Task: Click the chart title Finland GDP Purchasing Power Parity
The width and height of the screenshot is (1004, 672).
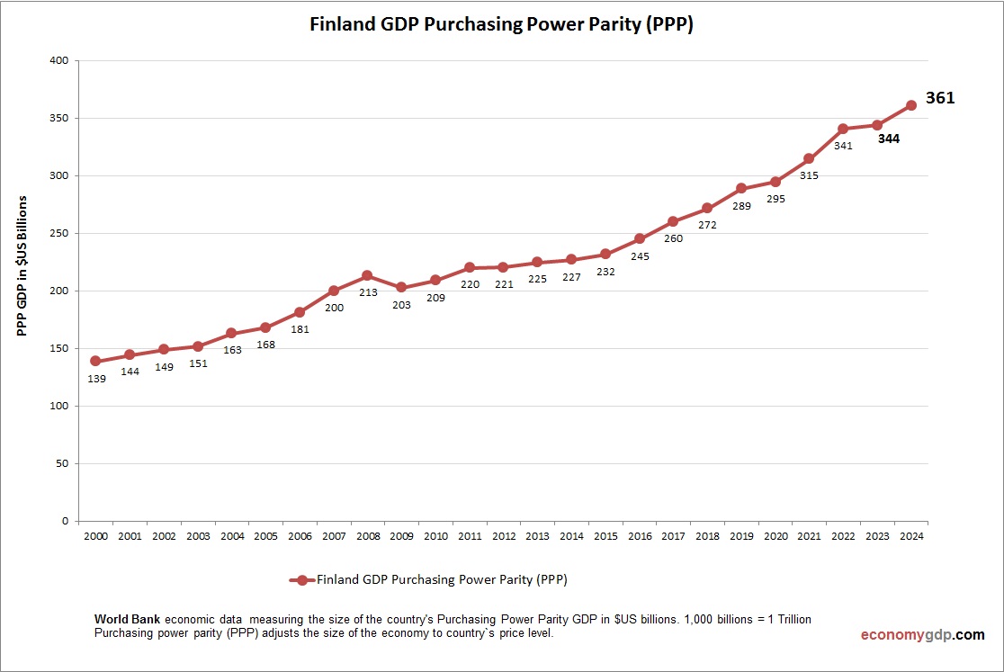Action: point(501,25)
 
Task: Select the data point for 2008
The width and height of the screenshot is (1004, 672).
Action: point(367,275)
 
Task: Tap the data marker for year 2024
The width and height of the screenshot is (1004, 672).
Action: point(910,105)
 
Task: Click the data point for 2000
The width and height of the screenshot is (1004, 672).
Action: point(95,361)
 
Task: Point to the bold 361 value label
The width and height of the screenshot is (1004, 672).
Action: point(940,98)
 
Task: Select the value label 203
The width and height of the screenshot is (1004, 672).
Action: point(401,305)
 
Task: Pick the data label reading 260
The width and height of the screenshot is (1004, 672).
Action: point(673,238)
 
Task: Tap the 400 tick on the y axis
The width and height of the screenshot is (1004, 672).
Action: point(58,61)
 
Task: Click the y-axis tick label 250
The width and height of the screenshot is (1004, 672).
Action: point(58,234)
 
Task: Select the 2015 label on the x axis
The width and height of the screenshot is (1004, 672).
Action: point(605,536)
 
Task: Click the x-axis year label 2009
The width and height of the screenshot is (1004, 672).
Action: point(401,536)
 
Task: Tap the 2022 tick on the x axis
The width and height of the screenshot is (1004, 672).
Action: point(842,536)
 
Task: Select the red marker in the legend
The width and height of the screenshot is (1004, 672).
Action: point(302,580)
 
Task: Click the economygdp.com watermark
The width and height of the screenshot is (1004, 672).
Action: point(922,635)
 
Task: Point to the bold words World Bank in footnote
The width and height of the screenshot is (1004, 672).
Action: point(128,620)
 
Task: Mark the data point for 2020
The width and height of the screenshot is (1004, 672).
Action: point(775,182)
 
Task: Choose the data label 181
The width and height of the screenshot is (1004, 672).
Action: point(300,329)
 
